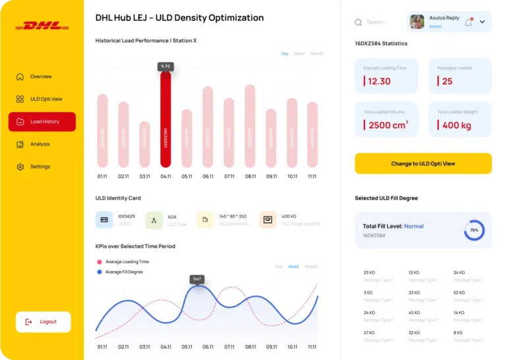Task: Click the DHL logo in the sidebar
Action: (42, 26)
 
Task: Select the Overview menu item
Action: (41, 76)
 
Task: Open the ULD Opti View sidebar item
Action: (46, 99)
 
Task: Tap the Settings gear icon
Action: (20, 167)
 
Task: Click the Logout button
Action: (43, 322)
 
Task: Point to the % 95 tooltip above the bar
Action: (165, 66)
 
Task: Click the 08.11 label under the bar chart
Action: (250, 176)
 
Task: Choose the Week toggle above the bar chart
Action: (299, 53)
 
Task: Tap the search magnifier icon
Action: (358, 22)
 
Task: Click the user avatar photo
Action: (417, 22)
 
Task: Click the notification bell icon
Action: (468, 22)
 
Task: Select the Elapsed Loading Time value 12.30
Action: (379, 81)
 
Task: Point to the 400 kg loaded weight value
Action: (457, 125)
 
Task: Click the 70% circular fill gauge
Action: (474, 230)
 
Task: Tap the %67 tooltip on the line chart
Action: (197, 279)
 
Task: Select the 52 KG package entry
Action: (459, 292)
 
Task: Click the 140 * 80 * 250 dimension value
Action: (233, 216)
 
